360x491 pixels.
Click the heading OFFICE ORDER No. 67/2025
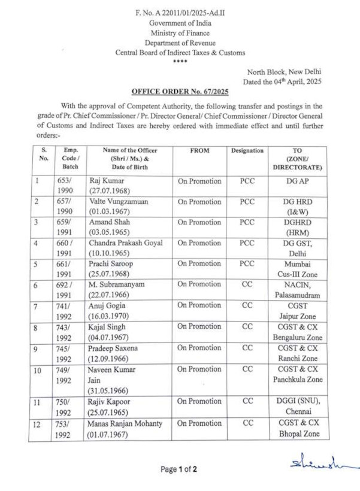(180, 91)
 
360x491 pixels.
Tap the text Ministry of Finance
(180, 33)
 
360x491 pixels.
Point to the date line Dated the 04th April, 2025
(282, 81)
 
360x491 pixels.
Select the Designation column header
(247, 151)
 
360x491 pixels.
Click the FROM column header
(199, 151)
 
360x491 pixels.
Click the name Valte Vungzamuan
(119, 201)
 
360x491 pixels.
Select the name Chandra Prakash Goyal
(126, 243)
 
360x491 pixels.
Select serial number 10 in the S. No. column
(37, 370)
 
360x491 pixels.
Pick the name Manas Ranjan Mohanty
(126, 423)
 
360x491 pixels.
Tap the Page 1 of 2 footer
(179, 469)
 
